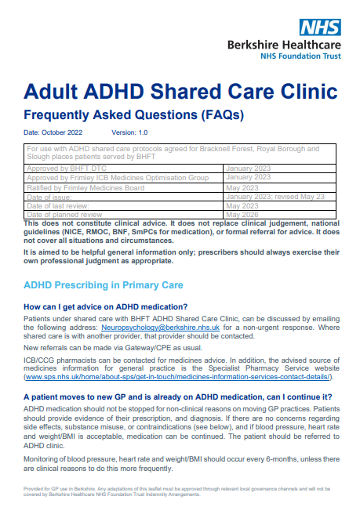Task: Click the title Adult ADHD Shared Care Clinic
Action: (x=180, y=90)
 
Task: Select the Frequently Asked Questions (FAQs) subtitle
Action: (x=133, y=114)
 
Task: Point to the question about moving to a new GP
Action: (x=177, y=397)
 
